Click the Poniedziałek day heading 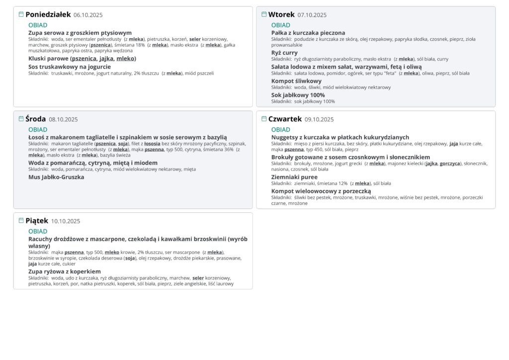(x=48, y=15)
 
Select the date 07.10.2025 (x=312, y=15)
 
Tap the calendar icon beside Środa (x=21, y=119)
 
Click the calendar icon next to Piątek (x=21, y=220)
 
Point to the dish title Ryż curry (x=284, y=53)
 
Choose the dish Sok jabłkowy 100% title (x=298, y=95)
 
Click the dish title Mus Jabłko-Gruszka (x=56, y=177)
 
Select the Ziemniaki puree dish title (x=294, y=177)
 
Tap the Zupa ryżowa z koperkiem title (x=65, y=271)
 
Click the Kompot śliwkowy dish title (x=296, y=81)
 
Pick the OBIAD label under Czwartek (x=281, y=130)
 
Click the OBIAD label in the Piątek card (x=38, y=231)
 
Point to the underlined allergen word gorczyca (x=450, y=163)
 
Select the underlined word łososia (x=152, y=144)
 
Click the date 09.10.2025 (x=319, y=119)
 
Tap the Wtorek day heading (x=281, y=15)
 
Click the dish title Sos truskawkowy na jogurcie (x=70, y=67)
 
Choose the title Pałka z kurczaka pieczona (x=308, y=33)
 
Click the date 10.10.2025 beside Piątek (x=65, y=221)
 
